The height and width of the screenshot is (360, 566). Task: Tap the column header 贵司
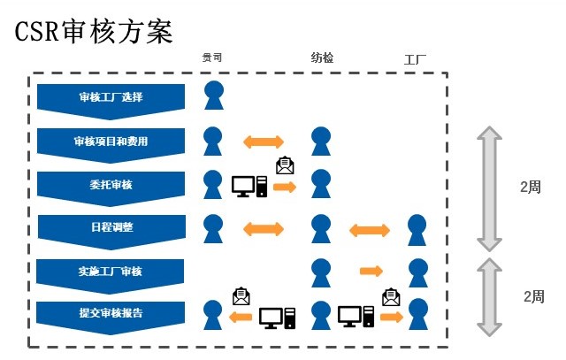pyautogui.click(x=211, y=58)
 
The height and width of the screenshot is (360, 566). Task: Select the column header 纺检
pyautogui.click(x=322, y=58)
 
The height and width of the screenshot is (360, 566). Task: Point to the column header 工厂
pyautogui.click(x=415, y=61)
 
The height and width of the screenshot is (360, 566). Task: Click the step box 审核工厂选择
pyautogui.click(x=111, y=97)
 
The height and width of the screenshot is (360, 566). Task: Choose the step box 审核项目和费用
pyautogui.click(x=111, y=142)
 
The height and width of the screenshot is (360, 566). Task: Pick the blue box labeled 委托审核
pyautogui.click(x=111, y=186)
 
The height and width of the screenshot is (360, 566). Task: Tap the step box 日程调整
pyautogui.click(x=111, y=228)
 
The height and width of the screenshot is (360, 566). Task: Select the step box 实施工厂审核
pyautogui.click(x=111, y=271)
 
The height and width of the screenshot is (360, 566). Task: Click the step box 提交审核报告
pyautogui.click(x=111, y=313)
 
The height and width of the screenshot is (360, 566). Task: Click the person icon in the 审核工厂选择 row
pyautogui.click(x=213, y=95)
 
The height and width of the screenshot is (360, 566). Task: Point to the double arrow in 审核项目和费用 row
pyautogui.click(x=264, y=142)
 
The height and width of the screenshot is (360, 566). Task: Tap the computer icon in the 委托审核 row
pyautogui.click(x=249, y=186)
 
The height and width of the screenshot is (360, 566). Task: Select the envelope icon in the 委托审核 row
pyautogui.click(x=285, y=165)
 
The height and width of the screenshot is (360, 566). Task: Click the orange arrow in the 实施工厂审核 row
pyautogui.click(x=371, y=271)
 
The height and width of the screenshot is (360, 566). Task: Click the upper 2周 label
pyautogui.click(x=531, y=188)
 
